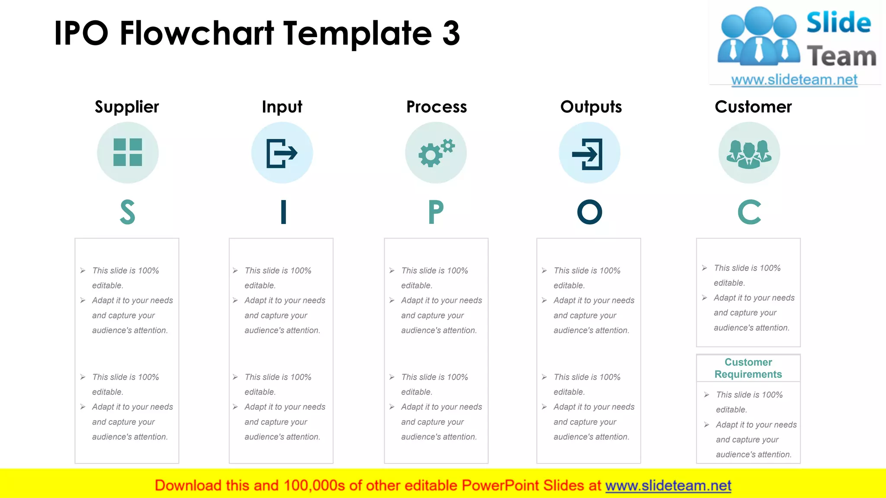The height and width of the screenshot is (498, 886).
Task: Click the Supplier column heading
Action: [127, 107]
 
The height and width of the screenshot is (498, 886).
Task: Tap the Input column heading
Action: [282, 107]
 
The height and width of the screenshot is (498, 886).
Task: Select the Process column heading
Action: [437, 107]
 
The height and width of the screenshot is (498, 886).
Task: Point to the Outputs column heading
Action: [591, 107]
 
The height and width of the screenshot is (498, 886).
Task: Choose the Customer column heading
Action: [753, 107]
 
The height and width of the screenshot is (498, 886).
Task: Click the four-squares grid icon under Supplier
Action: [128, 152]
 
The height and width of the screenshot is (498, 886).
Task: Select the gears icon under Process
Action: [436, 153]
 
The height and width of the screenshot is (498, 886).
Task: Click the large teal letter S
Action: [128, 212]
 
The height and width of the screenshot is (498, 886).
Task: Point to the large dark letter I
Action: [283, 212]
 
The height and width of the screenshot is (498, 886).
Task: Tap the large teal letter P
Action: [436, 212]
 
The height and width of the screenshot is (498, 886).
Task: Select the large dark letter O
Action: [590, 212]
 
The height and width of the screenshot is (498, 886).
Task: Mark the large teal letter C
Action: [749, 212]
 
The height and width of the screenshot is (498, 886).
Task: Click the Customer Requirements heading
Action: [748, 368]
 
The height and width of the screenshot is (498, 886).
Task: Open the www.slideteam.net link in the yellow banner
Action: [668, 486]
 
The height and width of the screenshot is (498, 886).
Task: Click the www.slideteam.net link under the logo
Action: [794, 80]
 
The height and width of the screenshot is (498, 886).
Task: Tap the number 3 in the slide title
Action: [451, 33]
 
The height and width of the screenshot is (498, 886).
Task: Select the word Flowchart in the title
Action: [197, 33]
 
